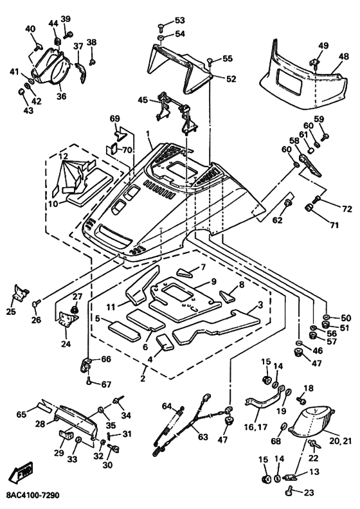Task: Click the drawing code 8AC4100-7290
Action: coord(32,496)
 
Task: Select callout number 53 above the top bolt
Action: coord(179,20)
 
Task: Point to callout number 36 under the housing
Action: coord(61,96)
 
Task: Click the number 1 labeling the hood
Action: coord(148,134)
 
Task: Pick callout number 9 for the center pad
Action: coord(213,281)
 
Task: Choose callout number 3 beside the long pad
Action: coord(260,305)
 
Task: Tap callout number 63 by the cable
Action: coord(203,437)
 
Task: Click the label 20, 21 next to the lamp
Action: coord(341,441)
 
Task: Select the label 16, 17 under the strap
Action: coord(256,427)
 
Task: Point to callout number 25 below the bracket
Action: coord(11,312)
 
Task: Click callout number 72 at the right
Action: coord(346,209)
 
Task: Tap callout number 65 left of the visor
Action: coord(21,415)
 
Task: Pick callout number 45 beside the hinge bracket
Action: coord(143,100)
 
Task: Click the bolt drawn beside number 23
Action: coord(289,492)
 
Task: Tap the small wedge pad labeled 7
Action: coord(184,273)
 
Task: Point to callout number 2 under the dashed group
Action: coord(143,378)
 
